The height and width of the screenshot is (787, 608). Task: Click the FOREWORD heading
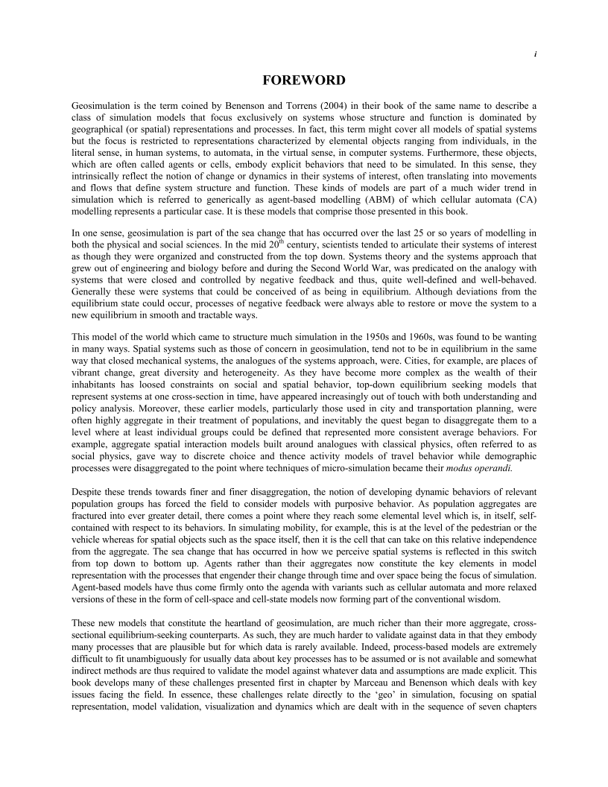(303, 80)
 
